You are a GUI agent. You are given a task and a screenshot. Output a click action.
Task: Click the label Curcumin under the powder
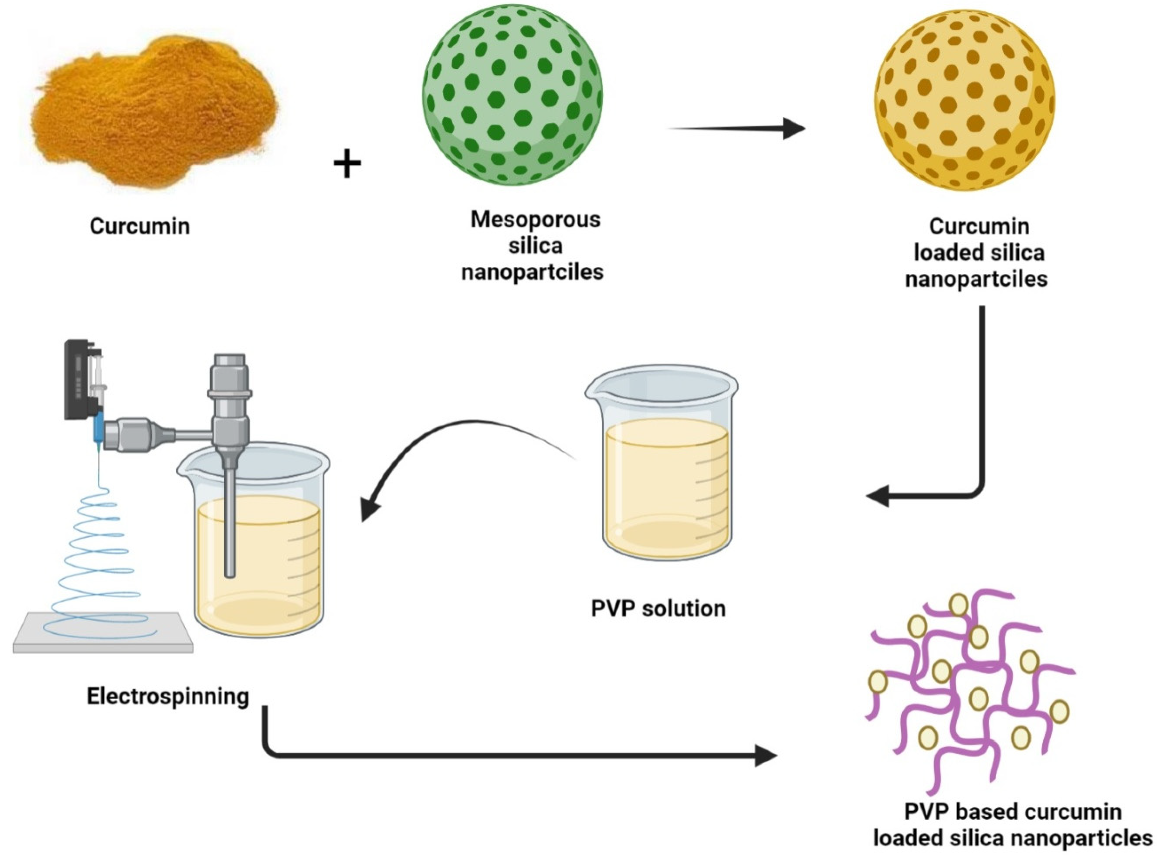point(140,226)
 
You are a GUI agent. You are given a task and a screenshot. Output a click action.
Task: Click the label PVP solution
point(658,608)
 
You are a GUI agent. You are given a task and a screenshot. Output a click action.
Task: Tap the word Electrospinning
point(168,696)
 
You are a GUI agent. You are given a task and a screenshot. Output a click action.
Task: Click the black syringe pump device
point(78,378)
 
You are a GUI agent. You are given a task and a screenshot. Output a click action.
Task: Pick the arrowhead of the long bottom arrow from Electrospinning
point(765,756)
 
